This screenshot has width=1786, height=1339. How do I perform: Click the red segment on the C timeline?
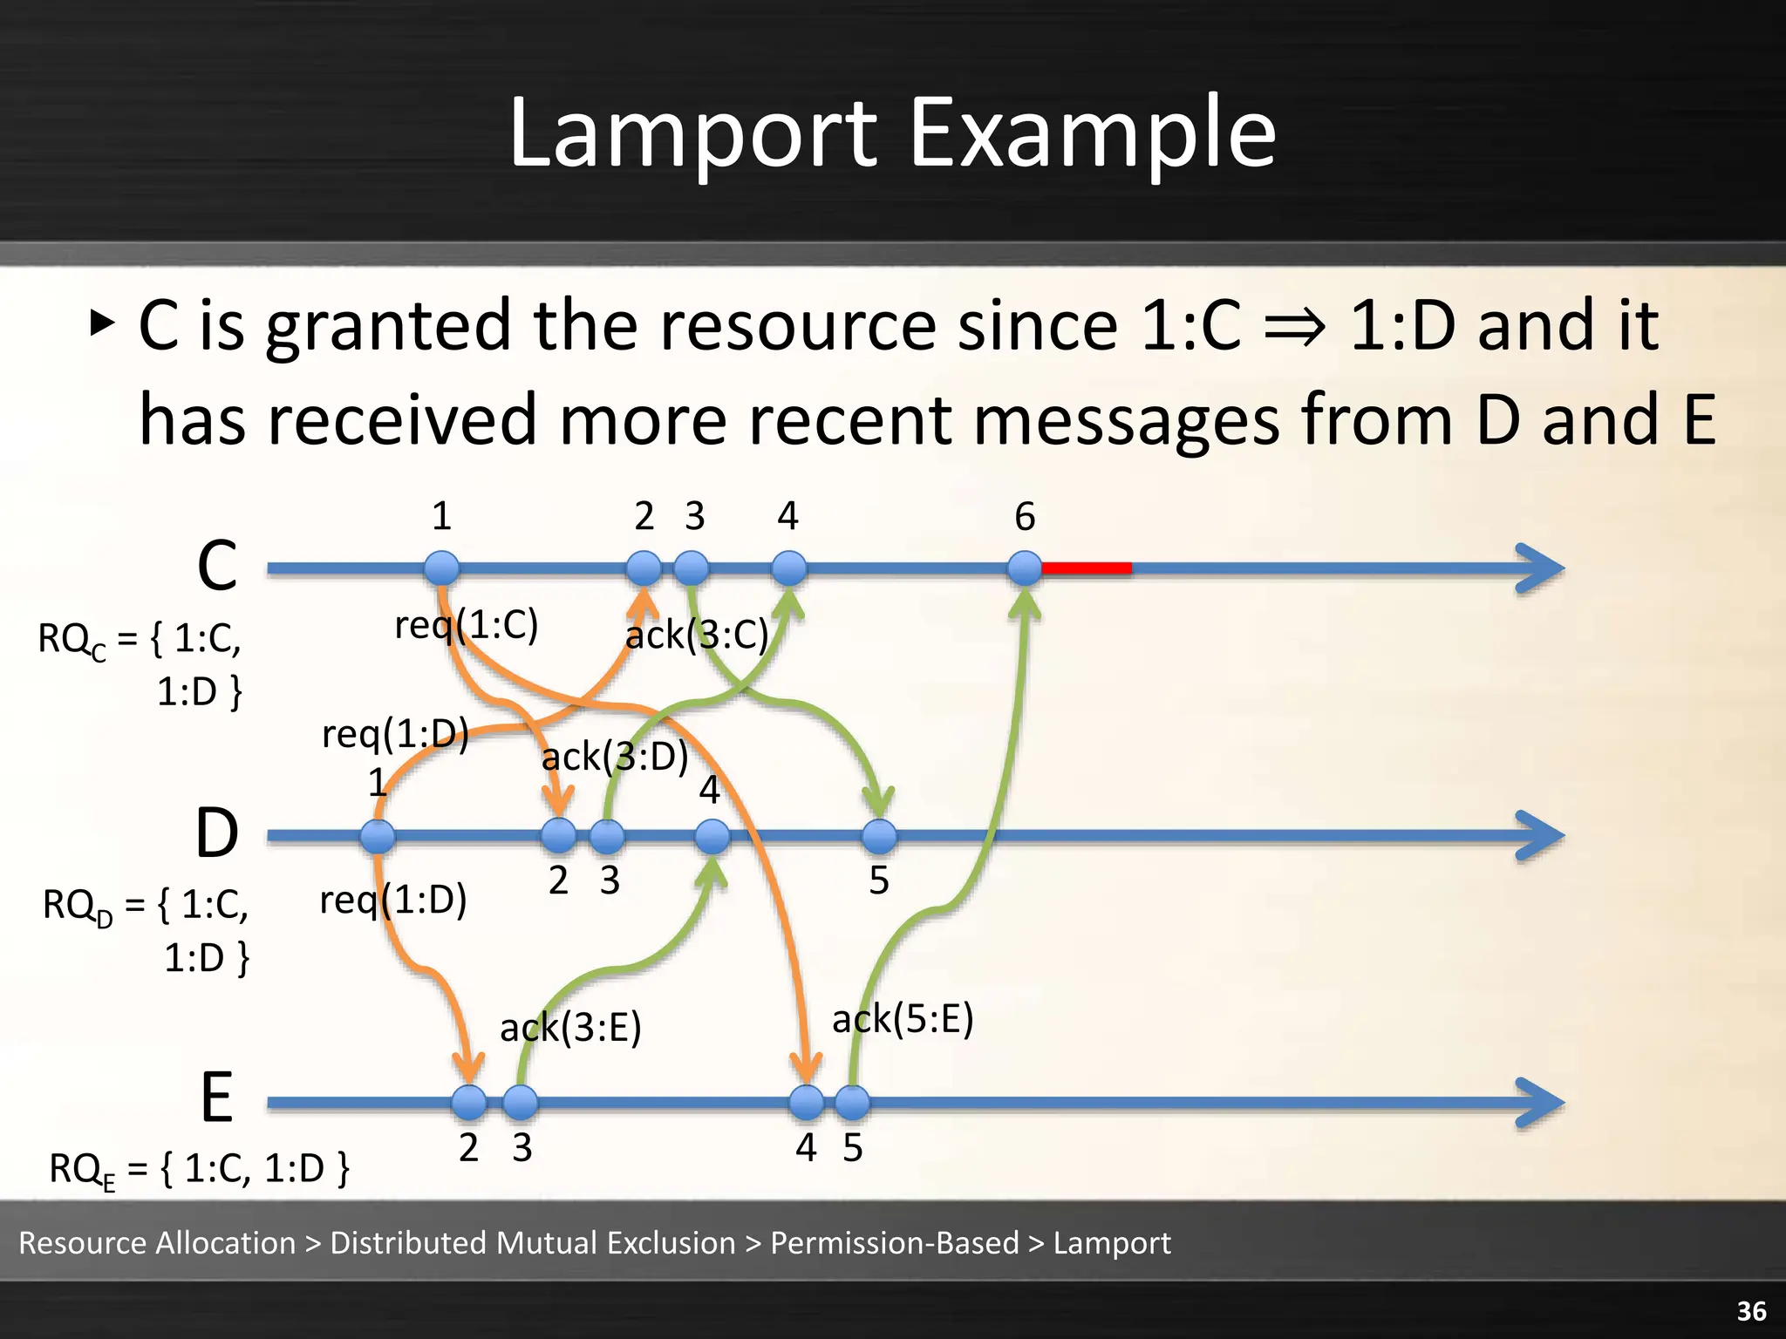pos(1087,568)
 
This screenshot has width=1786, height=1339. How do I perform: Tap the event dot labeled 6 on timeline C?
pos(1025,568)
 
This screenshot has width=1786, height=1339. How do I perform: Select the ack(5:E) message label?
pos(903,1019)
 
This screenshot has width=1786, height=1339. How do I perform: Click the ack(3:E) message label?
pos(570,1028)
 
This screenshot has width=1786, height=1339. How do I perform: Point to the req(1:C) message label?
pos(467,625)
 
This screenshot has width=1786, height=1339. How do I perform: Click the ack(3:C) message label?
pos(697,635)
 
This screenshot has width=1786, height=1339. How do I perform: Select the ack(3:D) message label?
pos(615,757)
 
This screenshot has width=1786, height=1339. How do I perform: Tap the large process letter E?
pos(216,1098)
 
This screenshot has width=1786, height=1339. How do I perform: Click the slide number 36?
pos(1751,1311)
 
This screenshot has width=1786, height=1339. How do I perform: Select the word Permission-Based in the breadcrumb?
pos(895,1243)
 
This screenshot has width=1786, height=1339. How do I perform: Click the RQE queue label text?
pos(199,1169)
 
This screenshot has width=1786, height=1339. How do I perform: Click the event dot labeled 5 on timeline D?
pos(879,836)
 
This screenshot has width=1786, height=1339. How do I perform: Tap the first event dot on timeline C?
pos(442,568)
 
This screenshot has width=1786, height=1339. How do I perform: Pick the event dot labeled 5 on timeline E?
pos(852,1102)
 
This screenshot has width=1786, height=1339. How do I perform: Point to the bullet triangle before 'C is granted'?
pos(102,323)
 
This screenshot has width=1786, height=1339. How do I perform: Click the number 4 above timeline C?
pos(787,517)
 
